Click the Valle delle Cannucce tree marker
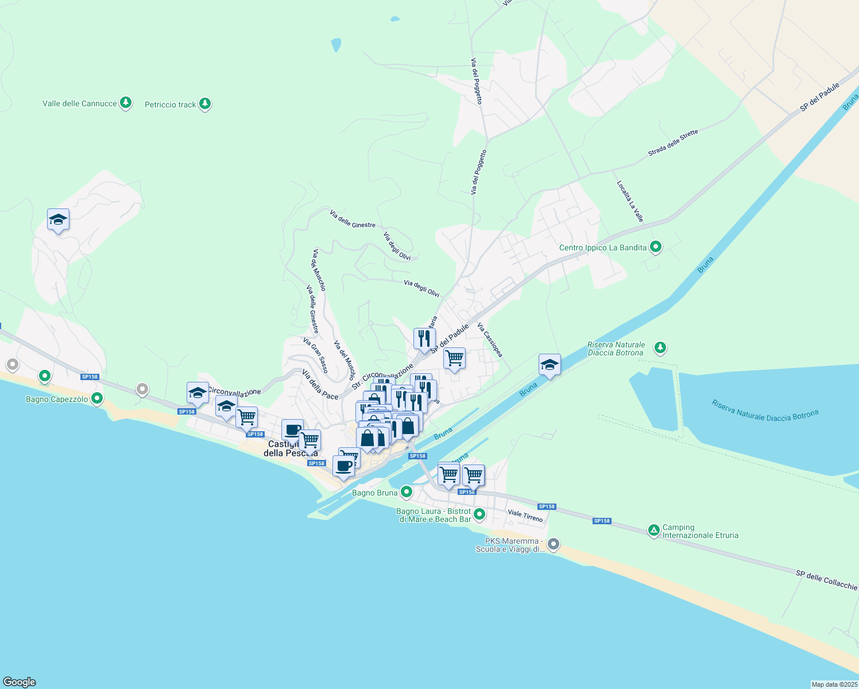[126, 103]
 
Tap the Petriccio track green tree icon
[205, 104]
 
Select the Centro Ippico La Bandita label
[603, 248]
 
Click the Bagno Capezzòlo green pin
[97, 398]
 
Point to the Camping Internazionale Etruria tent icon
[653, 531]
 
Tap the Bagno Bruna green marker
[407, 492]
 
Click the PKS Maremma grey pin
[553, 544]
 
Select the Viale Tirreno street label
[525, 516]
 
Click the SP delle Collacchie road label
[826, 580]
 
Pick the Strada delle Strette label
[673, 143]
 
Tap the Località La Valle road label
[630, 202]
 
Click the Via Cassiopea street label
[490, 340]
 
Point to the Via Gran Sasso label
[315, 355]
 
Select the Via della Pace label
[320, 385]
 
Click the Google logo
[20, 682]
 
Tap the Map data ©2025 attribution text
[833, 684]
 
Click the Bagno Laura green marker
[479, 514]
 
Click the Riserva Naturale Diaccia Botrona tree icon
[660, 347]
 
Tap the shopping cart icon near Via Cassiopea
[454, 358]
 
